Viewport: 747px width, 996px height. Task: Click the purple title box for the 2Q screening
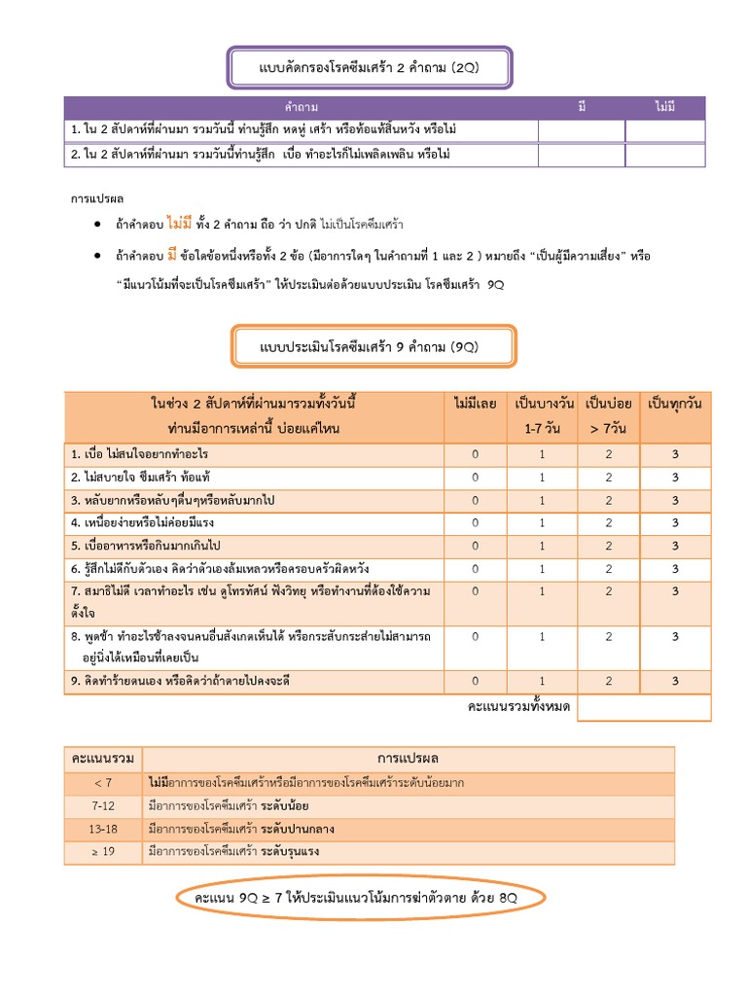tap(370, 67)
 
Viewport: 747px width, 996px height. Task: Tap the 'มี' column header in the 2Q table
tap(582, 106)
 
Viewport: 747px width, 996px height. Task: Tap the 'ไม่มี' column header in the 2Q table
tap(665, 106)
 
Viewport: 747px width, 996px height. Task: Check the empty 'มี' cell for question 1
tap(582, 130)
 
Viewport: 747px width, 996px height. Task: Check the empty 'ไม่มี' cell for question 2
tap(665, 155)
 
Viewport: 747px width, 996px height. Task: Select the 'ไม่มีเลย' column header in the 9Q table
tap(476, 403)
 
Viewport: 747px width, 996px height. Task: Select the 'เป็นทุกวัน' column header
tap(675, 403)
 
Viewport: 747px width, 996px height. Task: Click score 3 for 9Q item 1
tap(675, 454)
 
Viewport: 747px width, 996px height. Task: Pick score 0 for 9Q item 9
tap(476, 681)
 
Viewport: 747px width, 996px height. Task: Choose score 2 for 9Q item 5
tap(609, 545)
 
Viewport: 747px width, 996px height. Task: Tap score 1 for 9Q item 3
tap(543, 500)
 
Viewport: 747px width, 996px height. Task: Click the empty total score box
tap(644, 707)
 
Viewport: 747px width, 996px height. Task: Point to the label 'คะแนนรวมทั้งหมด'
tap(518, 706)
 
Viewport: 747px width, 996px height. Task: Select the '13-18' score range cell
tap(103, 829)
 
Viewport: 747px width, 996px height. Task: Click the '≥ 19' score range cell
tap(103, 852)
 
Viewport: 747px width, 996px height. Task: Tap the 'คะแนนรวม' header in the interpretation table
tap(103, 758)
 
